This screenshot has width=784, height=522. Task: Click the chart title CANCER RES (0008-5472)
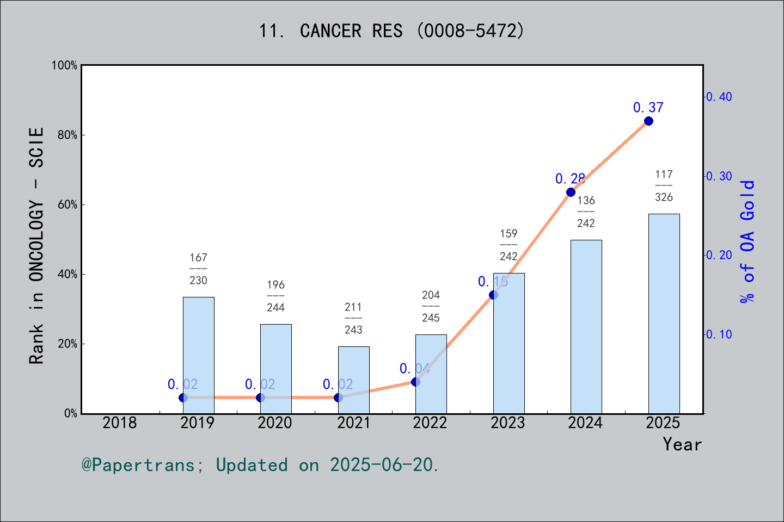point(391,31)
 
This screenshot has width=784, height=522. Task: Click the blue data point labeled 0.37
point(648,121)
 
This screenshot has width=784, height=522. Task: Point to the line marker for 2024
point(571,192)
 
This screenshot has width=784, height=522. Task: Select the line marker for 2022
point(415,382)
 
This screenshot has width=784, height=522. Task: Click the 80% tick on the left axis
point(68,135)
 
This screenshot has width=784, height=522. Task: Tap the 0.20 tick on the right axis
point(719,255)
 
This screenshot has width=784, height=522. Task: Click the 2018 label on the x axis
point(120,422)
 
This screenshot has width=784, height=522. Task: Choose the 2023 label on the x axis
point(507,422)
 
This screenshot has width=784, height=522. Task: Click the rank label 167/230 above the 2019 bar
point(198,269)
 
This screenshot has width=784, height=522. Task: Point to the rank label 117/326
point(664,185)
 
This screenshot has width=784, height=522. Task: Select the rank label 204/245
point(431,306)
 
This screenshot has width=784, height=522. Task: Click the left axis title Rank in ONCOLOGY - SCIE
point(36,246)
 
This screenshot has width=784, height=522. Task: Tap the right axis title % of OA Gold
point(748,241)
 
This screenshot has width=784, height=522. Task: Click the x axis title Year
point(682,444)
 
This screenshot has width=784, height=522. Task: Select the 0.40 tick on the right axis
point(719,97)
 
